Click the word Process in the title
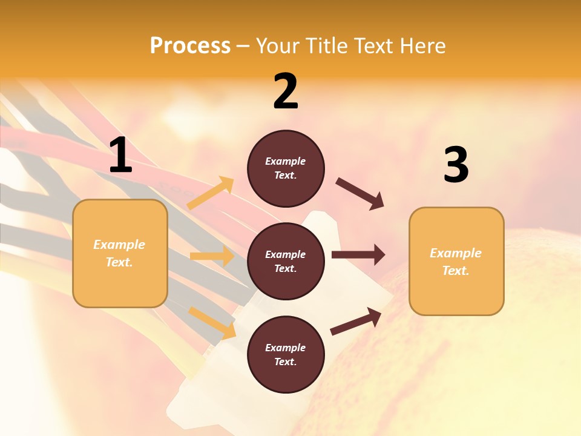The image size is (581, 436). [x=190, y=45]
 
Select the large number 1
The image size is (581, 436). [x=120, y=156]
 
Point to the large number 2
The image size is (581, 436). [x=286, y=91]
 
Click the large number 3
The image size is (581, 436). [x=456, y=165]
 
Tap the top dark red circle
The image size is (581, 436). [x=286, y=168]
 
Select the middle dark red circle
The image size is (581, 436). [x=286, y=262]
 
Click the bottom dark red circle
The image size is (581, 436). [x=286, y=355]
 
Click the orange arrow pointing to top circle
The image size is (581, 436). [x=211, y=193]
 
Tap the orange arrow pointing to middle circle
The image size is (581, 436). [x=212, y=256]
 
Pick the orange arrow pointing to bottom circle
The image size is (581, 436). [x=212, y=323]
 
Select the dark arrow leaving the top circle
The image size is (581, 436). [x=360, y=194]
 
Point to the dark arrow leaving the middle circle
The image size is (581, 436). [x=358, y=254]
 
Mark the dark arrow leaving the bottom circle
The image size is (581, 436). [x=356, y=322]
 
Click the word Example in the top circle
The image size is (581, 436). [x=286, y=162]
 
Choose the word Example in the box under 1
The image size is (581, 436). [x=119, y=245]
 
